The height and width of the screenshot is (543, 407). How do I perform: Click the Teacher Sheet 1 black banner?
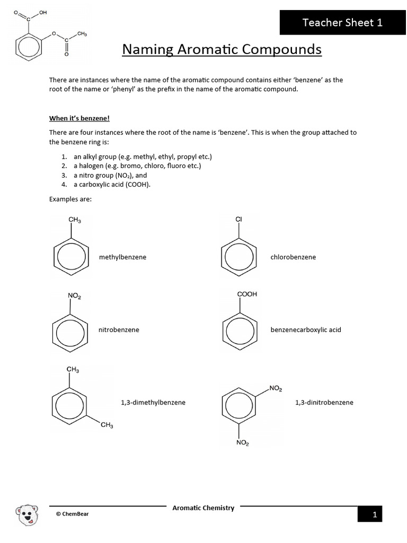point(342,22)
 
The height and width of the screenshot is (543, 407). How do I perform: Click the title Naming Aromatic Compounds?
point(222,49)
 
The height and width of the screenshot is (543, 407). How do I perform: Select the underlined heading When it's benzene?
point(79,118)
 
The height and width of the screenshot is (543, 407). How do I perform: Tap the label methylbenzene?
point(122,257)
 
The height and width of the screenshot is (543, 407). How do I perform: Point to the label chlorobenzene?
point(293,257)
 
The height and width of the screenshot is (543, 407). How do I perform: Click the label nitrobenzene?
point(119,330)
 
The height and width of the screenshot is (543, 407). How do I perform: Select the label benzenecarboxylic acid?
point(306,330)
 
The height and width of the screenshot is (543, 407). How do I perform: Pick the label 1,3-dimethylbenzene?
point(153,402)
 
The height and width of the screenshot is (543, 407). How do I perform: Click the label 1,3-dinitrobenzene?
point(324,402)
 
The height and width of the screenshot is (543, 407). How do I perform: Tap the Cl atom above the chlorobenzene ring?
point(238,219)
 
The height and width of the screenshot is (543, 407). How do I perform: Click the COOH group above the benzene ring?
point(247,294)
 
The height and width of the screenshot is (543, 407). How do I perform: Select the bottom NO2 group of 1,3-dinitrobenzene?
point(243,443)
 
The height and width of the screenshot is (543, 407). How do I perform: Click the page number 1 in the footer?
point(374,514)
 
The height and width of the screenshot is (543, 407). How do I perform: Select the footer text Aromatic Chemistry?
point(203,508)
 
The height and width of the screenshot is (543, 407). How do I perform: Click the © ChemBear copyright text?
point(73,514)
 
